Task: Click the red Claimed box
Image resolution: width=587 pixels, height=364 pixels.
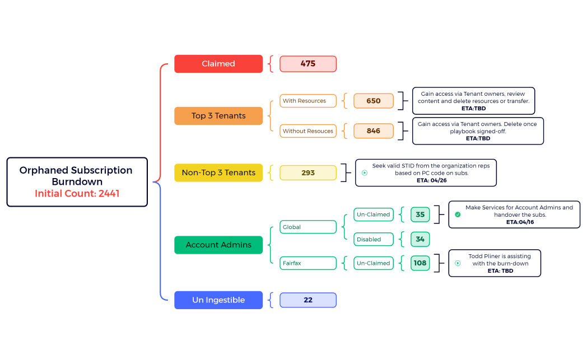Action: coord(218,64)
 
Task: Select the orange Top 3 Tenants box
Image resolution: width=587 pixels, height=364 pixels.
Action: coord(218,116)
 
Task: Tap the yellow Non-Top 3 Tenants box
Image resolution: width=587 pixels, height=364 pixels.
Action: coord(218,173)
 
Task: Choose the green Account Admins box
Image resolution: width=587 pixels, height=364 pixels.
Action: coord(218,245)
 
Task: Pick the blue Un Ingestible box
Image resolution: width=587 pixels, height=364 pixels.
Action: coord(218,300)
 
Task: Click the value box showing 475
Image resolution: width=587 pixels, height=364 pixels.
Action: coord(308,64)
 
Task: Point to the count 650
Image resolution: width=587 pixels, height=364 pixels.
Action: coord(374,101)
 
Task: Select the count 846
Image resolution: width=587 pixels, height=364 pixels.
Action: coord(374,131)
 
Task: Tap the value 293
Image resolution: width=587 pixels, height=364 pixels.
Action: coord(308,173)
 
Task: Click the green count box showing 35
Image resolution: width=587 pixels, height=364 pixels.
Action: coord(420,214)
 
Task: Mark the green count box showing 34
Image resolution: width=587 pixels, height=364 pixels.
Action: coord(420,239)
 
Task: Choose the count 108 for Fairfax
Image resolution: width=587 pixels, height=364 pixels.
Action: coord(420,263)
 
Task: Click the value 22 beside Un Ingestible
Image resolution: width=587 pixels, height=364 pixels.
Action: coord(308,300)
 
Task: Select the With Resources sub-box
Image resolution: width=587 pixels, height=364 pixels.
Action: coord(308,101)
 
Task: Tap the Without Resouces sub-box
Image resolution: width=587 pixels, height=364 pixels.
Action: coord(308,131)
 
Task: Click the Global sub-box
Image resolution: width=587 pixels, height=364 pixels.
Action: coord(308,227)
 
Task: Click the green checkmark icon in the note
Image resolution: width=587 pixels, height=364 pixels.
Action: coord(458,214)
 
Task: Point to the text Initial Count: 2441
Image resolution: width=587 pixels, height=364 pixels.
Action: coord(77,194)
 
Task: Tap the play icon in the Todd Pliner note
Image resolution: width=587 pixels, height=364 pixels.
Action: coord(458,263)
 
